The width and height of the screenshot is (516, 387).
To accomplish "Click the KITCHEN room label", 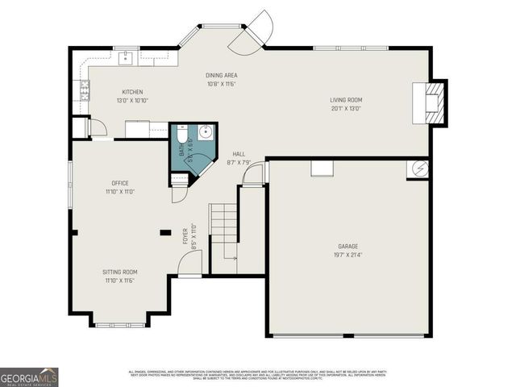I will click(x=132, y=92).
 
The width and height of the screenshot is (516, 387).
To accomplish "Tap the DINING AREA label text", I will click(x=222, y=75).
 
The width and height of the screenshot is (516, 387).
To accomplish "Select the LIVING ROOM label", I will click(x=346, y=100).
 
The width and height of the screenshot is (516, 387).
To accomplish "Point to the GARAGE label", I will click(x=348, y=246).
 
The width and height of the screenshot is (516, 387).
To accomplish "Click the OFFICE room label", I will click(x=120, y=183).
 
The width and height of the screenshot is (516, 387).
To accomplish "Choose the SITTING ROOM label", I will click(x=120, y=272).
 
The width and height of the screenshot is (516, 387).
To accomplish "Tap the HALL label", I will click(x=239, y=153).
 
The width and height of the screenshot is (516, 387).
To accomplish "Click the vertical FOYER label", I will click(x=185, y=235).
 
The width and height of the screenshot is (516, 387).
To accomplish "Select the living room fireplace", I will click(x=428, y=102).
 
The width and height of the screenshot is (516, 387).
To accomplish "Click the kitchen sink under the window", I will click(x=126, y=57).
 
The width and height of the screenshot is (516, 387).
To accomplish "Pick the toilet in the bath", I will click(x=181, y=135).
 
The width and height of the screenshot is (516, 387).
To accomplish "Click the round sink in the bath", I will click(x=205, y=132).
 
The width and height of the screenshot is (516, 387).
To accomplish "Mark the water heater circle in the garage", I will click(x=418, y=169).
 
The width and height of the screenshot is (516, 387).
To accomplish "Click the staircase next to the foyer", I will click(x=223, y=230).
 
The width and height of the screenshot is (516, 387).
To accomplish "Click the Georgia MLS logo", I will click(x=29, y=377).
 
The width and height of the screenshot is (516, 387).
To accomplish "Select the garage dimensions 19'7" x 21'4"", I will click(x=348, y=255).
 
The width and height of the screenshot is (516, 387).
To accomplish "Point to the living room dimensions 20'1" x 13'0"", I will click(x=346, y=108).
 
